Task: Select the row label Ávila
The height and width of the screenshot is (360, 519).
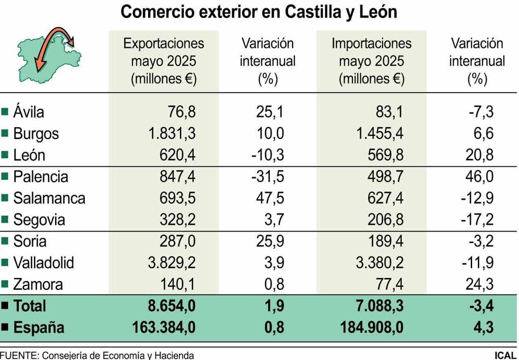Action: (28, 112)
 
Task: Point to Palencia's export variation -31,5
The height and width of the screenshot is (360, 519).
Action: (268, 177)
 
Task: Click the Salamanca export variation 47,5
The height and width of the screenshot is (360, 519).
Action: (269, 199)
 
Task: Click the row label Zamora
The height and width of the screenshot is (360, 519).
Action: (38, 285)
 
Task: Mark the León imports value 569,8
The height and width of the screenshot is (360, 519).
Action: (386, 155)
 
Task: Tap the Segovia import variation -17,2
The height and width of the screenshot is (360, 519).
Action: (477, 220)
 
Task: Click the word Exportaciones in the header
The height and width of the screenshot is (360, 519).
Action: (164, 43)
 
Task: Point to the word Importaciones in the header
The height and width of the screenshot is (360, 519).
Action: (371, 43)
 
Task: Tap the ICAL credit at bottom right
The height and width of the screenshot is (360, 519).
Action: (505, 356)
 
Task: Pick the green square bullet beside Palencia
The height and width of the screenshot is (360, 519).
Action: (5, 177)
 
